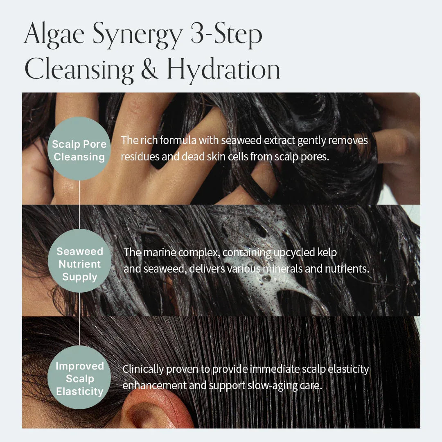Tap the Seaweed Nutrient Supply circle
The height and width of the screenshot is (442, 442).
click(x=79, y=264)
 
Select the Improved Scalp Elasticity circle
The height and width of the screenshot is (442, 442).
click(x=79, y=379)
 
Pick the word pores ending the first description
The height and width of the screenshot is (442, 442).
click(x=314, y=157)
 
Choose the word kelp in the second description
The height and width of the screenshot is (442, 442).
click(x=327, y=253)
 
